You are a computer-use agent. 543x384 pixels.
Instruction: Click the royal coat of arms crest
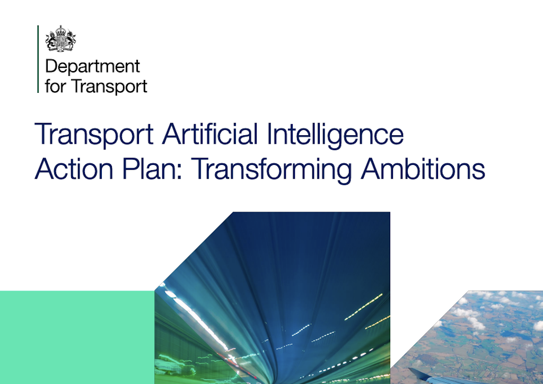click(x=60, y=38)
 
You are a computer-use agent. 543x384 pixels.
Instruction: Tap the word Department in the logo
click(x=92, y=67)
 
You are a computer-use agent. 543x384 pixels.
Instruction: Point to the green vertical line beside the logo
click(x=38, y=59)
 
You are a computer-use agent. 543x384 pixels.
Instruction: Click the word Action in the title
click(x=71, y=169)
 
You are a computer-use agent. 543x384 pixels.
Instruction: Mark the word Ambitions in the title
click(x=423, y=169)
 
